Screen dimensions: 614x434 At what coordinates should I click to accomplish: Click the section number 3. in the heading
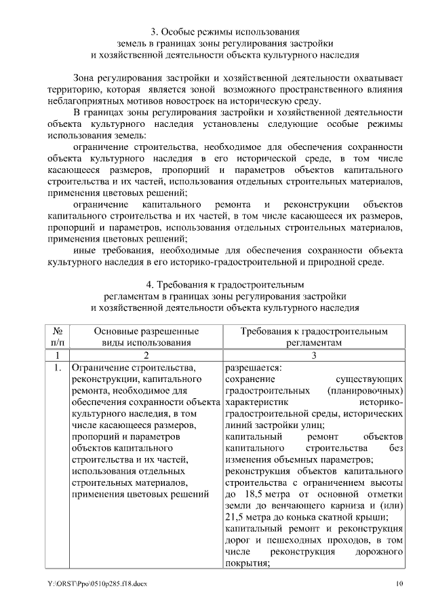click(x=155, y=31)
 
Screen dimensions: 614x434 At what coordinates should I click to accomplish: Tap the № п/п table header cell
click(x=58, y=337)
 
